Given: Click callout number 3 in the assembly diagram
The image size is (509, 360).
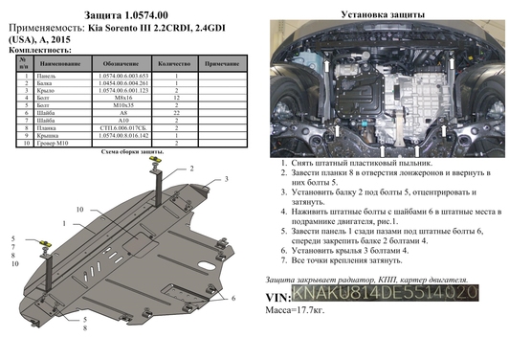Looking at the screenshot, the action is [226, 179].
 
